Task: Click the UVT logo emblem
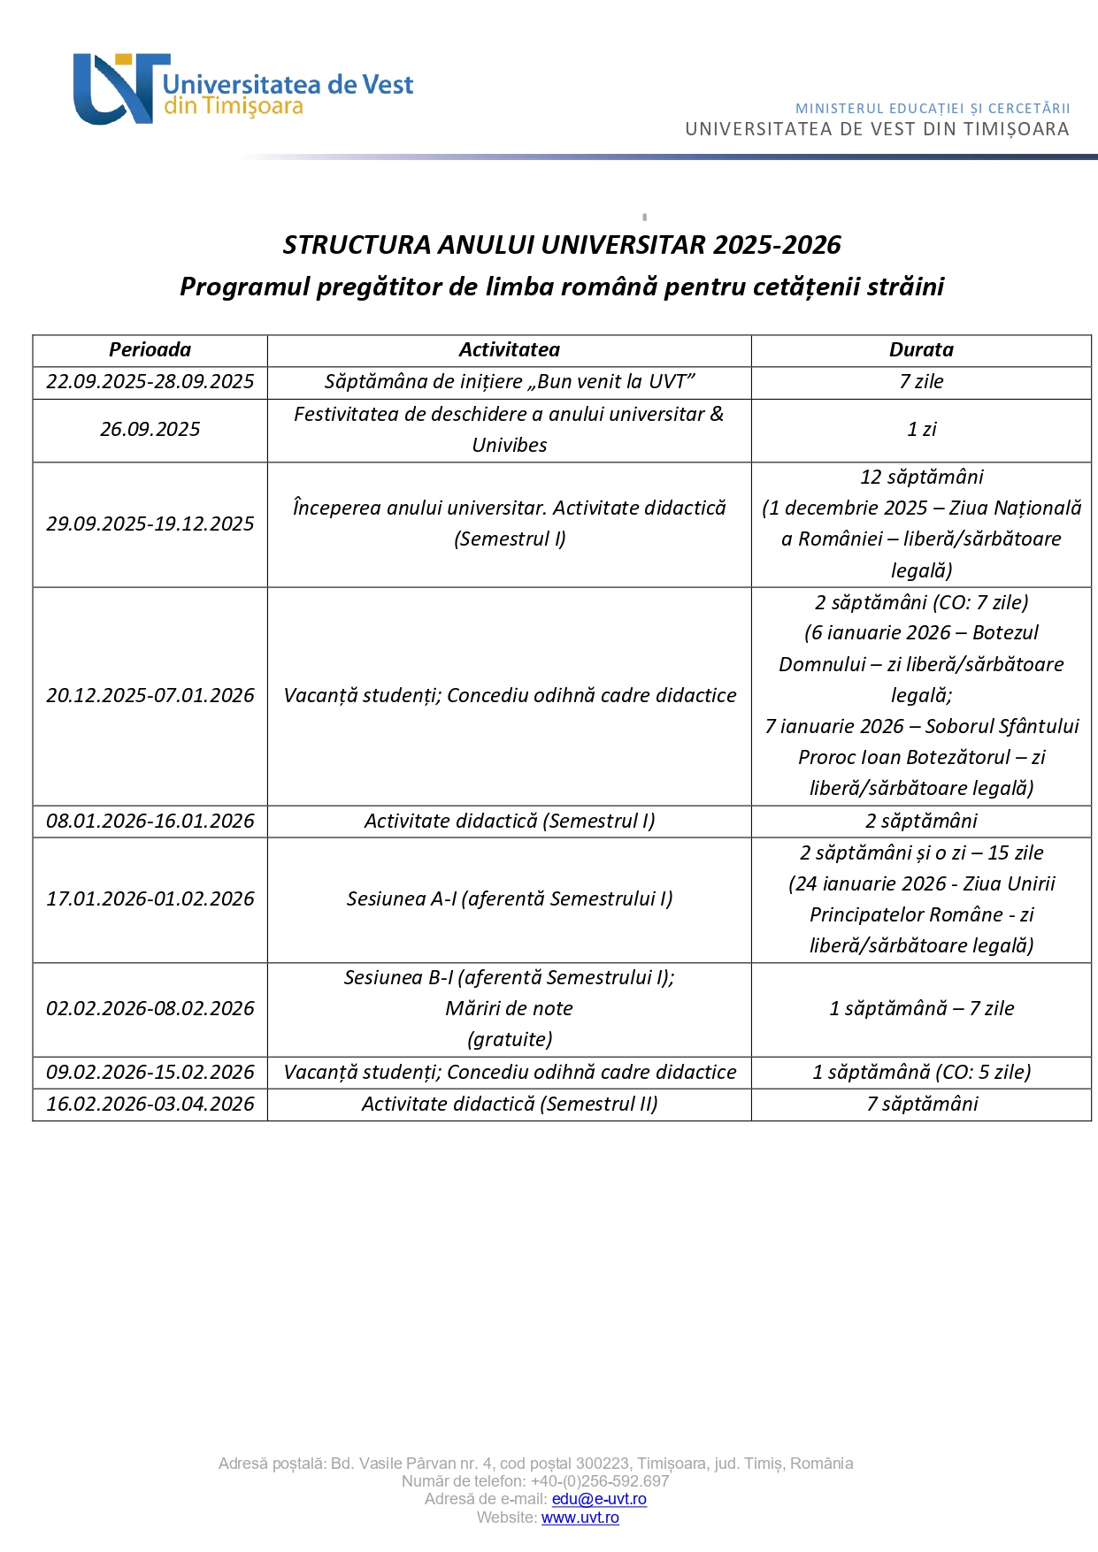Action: click(119, 88)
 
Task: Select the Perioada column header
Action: click(150, 350)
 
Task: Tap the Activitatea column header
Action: click(509, 350)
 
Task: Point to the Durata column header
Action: click(921, 350)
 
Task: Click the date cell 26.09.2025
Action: click(150, 430)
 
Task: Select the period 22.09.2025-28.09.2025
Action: click(150, 382)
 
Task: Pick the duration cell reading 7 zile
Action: click(921, 382)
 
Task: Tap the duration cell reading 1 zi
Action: click(921, 430)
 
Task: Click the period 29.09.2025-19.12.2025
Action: click(150, 524)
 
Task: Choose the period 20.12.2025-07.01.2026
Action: click(150, 696)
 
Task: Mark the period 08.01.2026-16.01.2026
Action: click(150, 822)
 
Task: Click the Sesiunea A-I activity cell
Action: click(509, 899)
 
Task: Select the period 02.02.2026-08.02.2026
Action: click(150, 1009)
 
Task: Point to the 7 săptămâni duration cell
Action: click(922, 1105)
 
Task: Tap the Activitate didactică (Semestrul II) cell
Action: click(509, 1105)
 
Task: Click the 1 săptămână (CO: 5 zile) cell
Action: click(921, 1073)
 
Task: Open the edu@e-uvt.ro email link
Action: click(599, 1500)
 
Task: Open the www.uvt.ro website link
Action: click(580, 1518)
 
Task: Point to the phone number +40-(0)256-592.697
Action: click(600, 1481)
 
